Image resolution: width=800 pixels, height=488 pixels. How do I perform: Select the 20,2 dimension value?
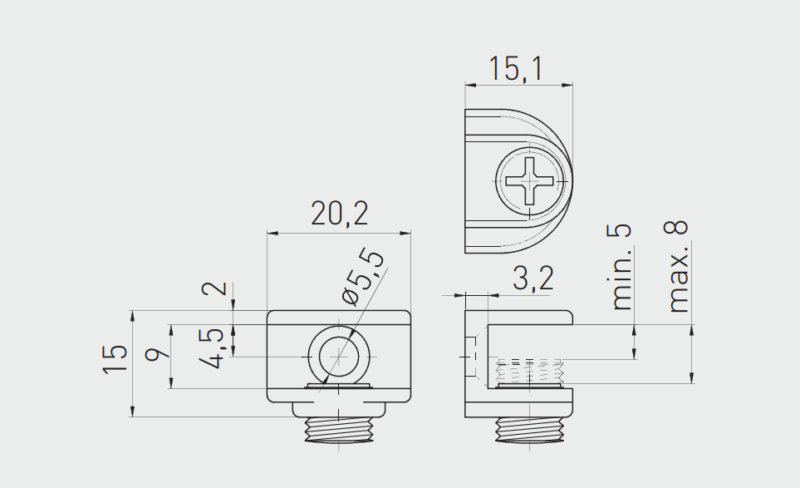pyautogui.click(x=339, y=214)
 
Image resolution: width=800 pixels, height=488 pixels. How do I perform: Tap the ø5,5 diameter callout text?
pyautogui.click(x=363, y=277)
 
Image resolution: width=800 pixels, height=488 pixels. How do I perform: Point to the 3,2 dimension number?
pyautogui.click(x=533, y=279)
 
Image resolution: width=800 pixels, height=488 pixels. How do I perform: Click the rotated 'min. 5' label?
pyautogui.click(x=621, y=267)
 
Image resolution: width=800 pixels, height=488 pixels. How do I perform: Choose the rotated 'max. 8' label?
pyautogui.click(x=678, y=266)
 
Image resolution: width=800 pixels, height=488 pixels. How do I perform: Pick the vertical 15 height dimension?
pyautogui.click(x=115, y=360)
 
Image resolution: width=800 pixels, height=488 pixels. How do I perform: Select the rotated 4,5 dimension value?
pyautogui.click(x=211, y=348)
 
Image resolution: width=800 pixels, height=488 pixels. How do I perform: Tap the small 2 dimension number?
pyautogui.click(x=214, y=288)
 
